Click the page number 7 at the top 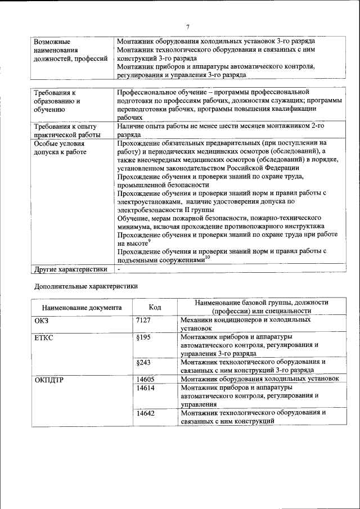pos(188,26)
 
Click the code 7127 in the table pos(145,319)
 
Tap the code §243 pos(144,362)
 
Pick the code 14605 pos(146,380)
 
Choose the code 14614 pos(146,388)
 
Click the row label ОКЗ pos(43,319)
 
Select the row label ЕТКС pos(46,337)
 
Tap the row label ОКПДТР pos(49,380)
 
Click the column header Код pos(155,307)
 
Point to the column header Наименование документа pos(82,308)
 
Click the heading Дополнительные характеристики pos(86,286)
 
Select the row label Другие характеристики pos(70,269)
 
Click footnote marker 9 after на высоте pos(150,241)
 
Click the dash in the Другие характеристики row pos(119,269)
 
